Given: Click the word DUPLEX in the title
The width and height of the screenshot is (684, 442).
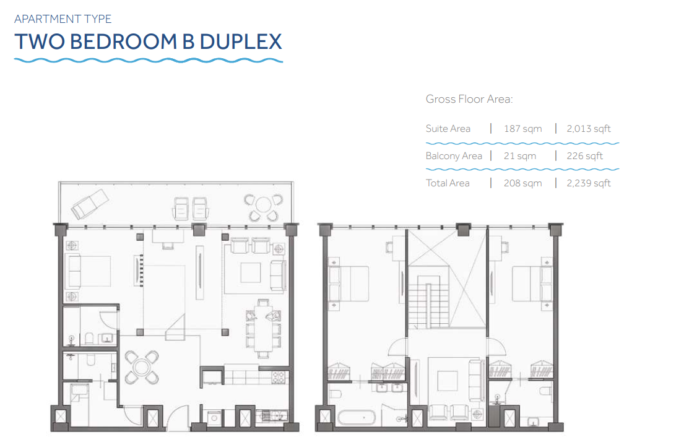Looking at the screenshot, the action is pyautogui.click(x=241, y=42).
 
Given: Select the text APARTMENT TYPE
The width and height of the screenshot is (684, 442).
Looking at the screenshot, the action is pyautogui.click(x=63, y=19).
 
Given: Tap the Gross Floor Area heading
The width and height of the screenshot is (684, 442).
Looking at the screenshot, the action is pyautogui.click(x=469, y=99).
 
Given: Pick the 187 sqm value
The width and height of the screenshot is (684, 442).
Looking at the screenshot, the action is pyautogui.click(x=522, y=129).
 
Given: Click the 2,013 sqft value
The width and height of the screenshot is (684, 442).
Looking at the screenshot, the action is pyautogui.click(x=589, y=129).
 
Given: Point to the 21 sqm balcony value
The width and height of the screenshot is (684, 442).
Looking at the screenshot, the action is pyautogui.click(x=520, y=156).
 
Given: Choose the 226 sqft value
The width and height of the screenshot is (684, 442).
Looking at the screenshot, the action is pyautogui.click(x=584, y=156).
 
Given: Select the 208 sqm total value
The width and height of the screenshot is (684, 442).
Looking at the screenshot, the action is pyautogui.click(x=522, y=183).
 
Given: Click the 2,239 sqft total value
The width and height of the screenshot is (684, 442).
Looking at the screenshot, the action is pyautogui.click(x=589, y=183).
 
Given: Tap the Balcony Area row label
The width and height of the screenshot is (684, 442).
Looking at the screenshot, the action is pyautogui.click(x=454, y=156).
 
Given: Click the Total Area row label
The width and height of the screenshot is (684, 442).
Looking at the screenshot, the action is pyautogui.click(x=448, y=183).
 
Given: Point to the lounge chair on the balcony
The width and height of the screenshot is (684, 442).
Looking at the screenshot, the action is pyautogui.click(x=90, y=204).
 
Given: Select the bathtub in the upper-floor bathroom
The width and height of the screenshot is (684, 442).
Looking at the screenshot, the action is pyautogui.click(x=357, y=418).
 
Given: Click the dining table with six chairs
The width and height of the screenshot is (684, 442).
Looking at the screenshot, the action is pyautogui.click(x=263, y=329).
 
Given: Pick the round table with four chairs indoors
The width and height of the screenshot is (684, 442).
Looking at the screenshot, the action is pyautogui.click(x=142, y=367).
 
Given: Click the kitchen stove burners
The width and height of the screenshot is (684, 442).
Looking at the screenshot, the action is pyautogui.click(x=279, y=378).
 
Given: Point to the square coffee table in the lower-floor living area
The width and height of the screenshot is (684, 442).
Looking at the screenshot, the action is pyautogui.click(x=251, y=273).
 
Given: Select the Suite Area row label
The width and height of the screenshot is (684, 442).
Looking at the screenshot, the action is pyautogui.click(x=448, y=129).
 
